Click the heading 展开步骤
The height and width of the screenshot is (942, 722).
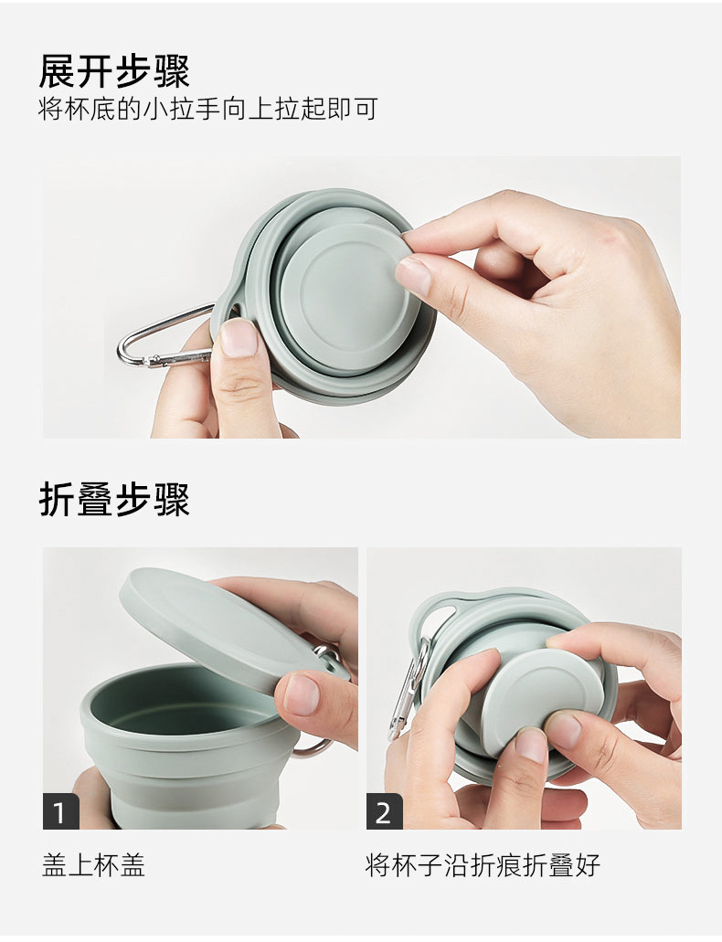pyautogui.click(x=114, y=70)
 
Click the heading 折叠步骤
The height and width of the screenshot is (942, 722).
pyautogui.click(x=114, y=500)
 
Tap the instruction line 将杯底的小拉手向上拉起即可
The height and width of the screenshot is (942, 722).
pyautogui.click(x=207, y=110)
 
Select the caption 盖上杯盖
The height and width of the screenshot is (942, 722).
pyautogui.click(x=93, y=864)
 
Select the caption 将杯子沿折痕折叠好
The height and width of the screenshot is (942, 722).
pyautogui.click(x=483, y=864)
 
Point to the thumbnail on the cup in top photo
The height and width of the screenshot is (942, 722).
pyautogui.click(x=239, y=338)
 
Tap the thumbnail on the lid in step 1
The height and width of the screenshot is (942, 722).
pyautogui.click(x=302, y=694)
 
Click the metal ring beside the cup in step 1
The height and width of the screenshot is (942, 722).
pyautogui.click(x=315, y=745)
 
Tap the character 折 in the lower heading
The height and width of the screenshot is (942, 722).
pyautogui.click(x=57, y=500)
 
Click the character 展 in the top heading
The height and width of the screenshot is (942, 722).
pyautogui.click(x=57, y=70)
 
